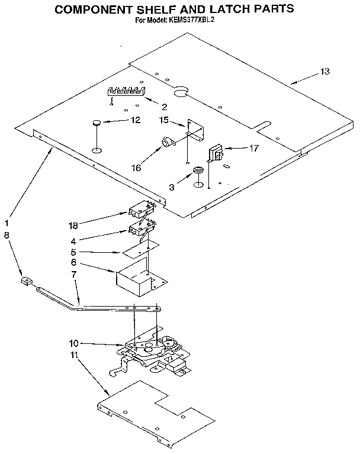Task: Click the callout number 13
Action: coord(324,72)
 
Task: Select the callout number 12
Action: coord(135,120)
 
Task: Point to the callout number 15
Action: coord(164,120)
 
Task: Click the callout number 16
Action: coord(136,168)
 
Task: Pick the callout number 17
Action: coord(253,148)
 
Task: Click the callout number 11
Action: coord(73,356)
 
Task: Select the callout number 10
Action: coord(73,343)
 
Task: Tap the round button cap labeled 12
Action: coord(96,123)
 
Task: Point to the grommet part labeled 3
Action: coord(199,172)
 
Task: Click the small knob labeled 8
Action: coord(25,281)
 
